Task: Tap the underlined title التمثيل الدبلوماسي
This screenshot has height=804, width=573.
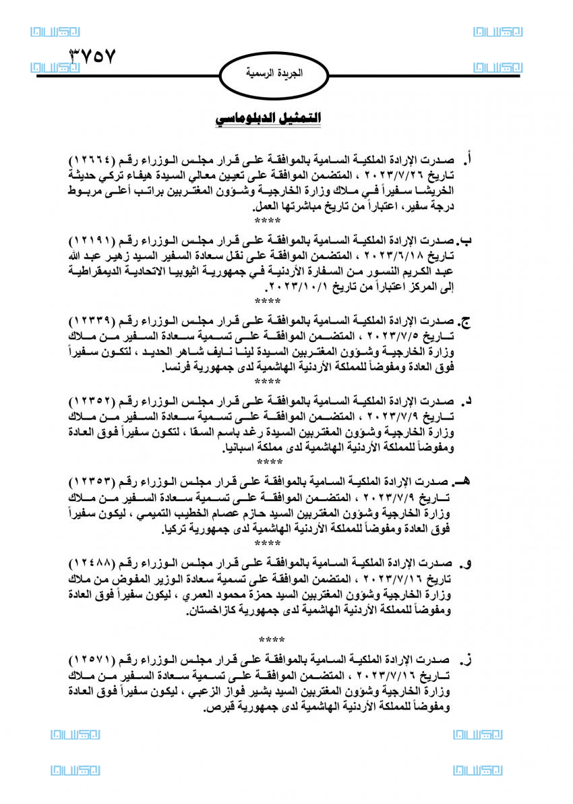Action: pyautogui.click(x=268, y=119)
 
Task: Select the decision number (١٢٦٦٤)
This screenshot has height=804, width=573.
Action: pyautogui.click(x=97, y=162)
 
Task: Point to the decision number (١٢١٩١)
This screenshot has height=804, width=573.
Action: pyautogui.click(x=97, y=239)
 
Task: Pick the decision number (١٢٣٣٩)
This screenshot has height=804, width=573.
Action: pyautogui.click(x=97, y=318)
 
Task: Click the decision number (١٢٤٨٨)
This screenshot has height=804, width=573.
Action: pyautogui.click(x=97, y=561)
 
